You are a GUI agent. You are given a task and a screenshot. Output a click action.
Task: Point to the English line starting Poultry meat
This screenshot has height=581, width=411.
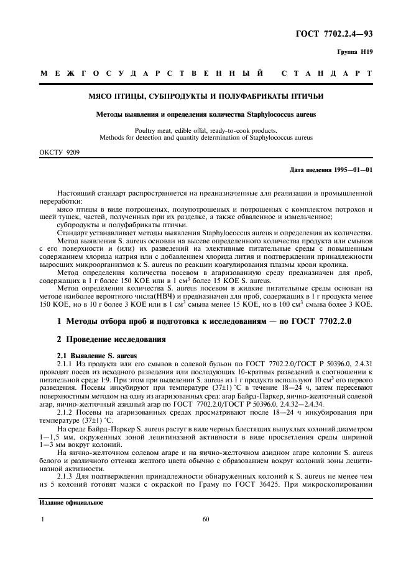[x=205, y=130]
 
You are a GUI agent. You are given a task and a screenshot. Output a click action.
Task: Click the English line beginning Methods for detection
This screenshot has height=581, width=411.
[x=205, y=137]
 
